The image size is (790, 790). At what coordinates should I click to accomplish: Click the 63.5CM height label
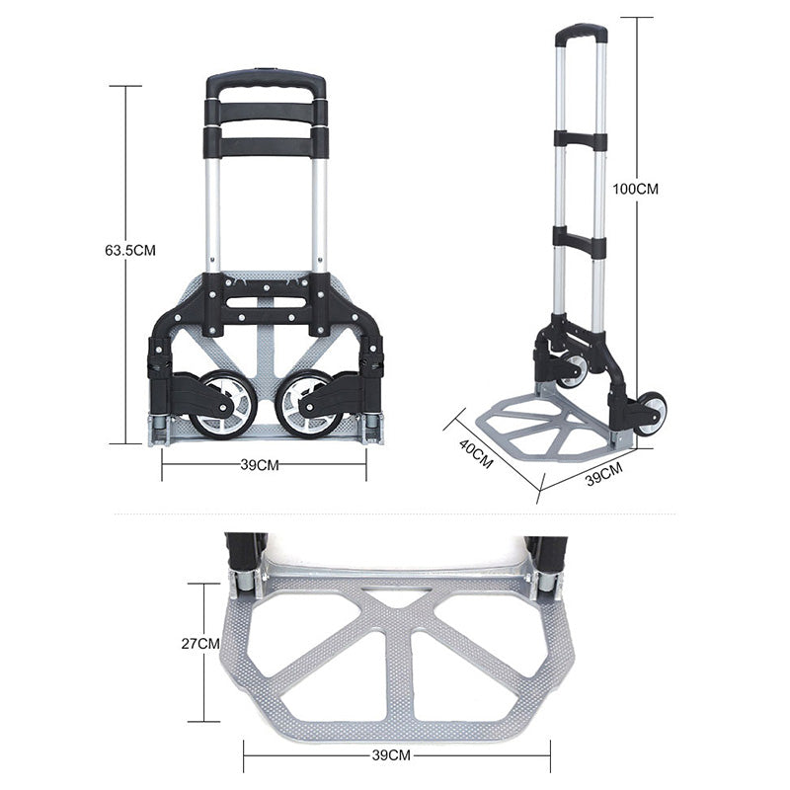point(129,251)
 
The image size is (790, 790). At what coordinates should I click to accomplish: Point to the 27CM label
point(201,644)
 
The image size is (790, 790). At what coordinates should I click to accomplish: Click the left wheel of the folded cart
point(225,404)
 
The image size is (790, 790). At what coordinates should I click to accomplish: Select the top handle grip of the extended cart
point(581,33)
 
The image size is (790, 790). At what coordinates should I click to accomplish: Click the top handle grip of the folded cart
point(266,82)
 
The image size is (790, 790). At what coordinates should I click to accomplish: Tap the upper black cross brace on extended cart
point(580,139)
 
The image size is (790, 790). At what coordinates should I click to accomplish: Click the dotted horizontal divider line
point(395,513)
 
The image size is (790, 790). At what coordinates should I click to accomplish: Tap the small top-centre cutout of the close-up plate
point(396,596)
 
